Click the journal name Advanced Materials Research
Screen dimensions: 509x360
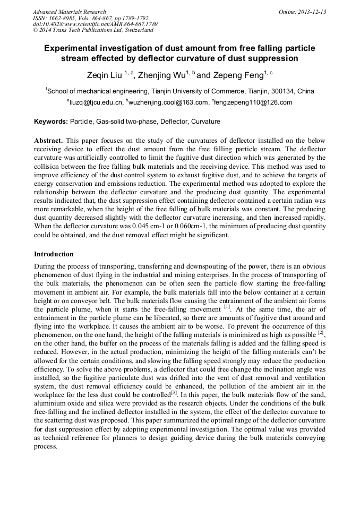coord(69,12)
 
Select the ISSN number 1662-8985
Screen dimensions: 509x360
coord(65,18)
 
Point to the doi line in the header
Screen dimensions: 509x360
coord(95,24)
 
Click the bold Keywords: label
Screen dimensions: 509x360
coord(51,122)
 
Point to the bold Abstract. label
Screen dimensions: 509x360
coord(49,140)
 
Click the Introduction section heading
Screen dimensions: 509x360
coord(54,254)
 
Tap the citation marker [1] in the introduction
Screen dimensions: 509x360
coord(227,307)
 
